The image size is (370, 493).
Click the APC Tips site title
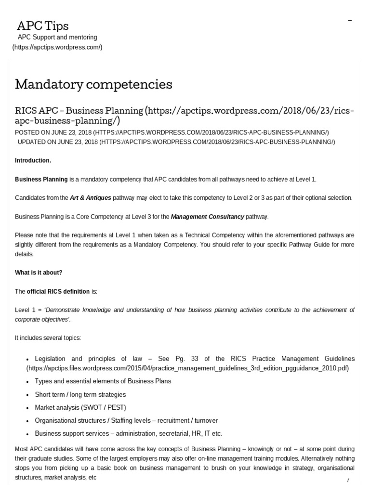[x=43, y=25]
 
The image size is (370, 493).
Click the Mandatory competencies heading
[x=93, y=84]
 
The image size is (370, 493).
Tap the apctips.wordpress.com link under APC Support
[x=57, y=47]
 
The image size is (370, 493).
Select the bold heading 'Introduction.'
[x=33, y=160]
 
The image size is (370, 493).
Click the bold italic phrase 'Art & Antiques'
[x=91, y=198]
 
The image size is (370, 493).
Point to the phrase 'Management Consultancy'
[x=207, y=217]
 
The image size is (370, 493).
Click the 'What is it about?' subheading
[x=39, y=272]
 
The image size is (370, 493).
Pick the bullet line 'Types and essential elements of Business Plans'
[x=103, y=381]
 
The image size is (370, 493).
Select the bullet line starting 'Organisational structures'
[x=126, y=420]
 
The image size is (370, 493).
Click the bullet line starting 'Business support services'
[x=128, y=433]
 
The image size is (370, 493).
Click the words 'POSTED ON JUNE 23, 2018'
[x=53, y=132]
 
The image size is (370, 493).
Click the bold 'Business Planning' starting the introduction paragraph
[x=41, y=179]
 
